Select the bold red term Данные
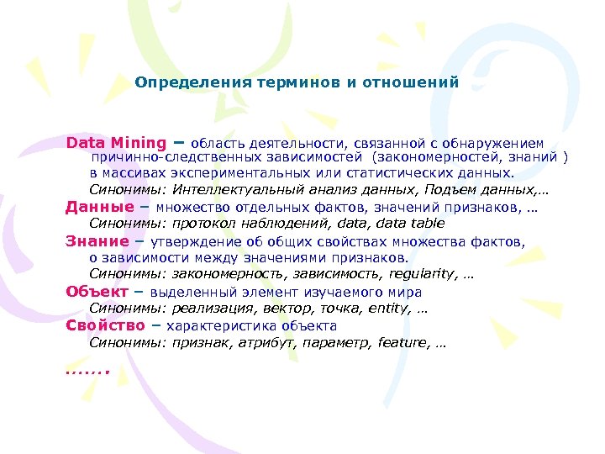tap(99, 207)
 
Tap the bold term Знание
tap(97, 241)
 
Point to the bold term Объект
tap(97, 292)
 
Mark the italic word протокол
tap(206, 224)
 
